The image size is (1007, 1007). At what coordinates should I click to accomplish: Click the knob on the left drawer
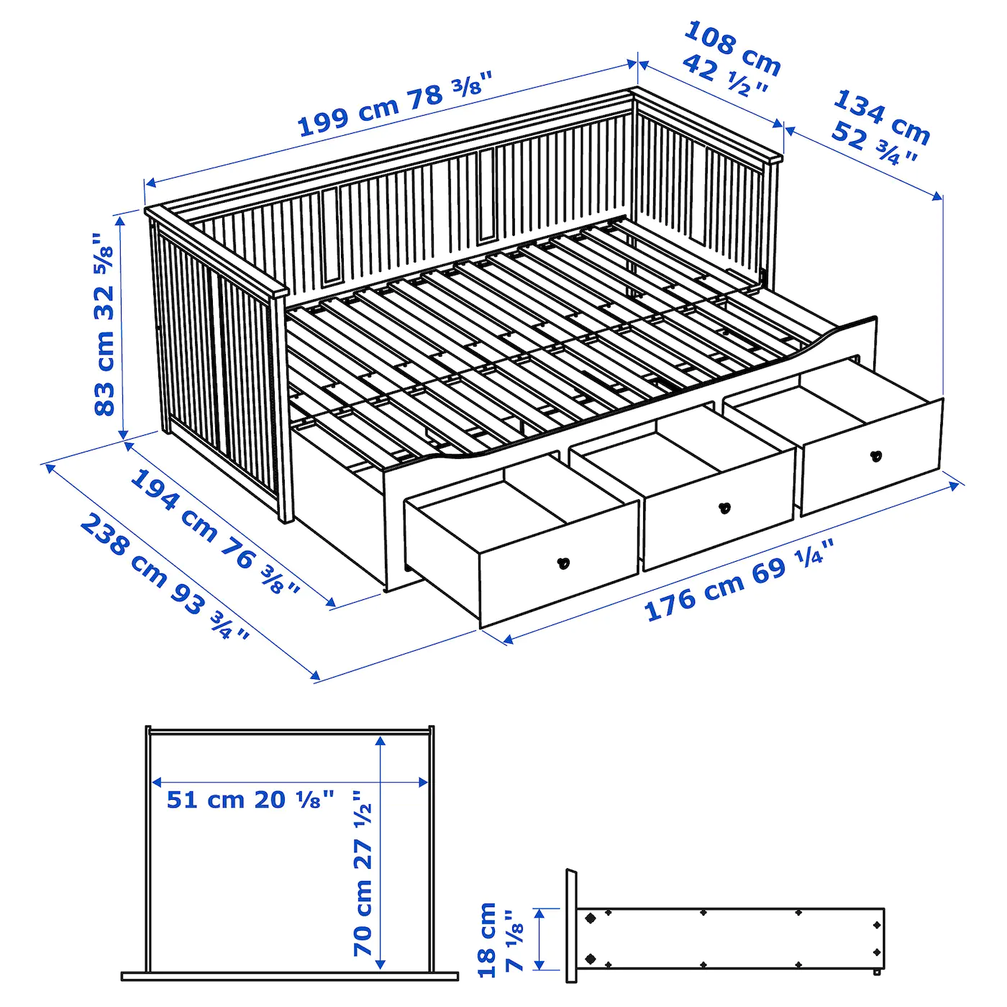coord(564,563)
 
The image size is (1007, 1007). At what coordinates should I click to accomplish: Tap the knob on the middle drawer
coord(725,508)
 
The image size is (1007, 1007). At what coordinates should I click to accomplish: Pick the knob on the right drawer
coord(876,455)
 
